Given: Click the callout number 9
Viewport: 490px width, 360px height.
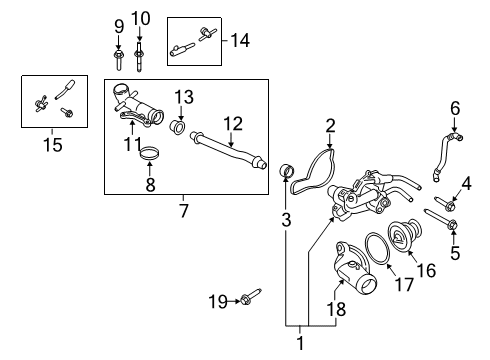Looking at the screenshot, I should click(x=118, y=25).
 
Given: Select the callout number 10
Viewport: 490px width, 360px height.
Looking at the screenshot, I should click(x=141, y=18).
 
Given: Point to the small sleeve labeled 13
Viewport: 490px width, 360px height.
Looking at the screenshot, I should click(x=179, y=128).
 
